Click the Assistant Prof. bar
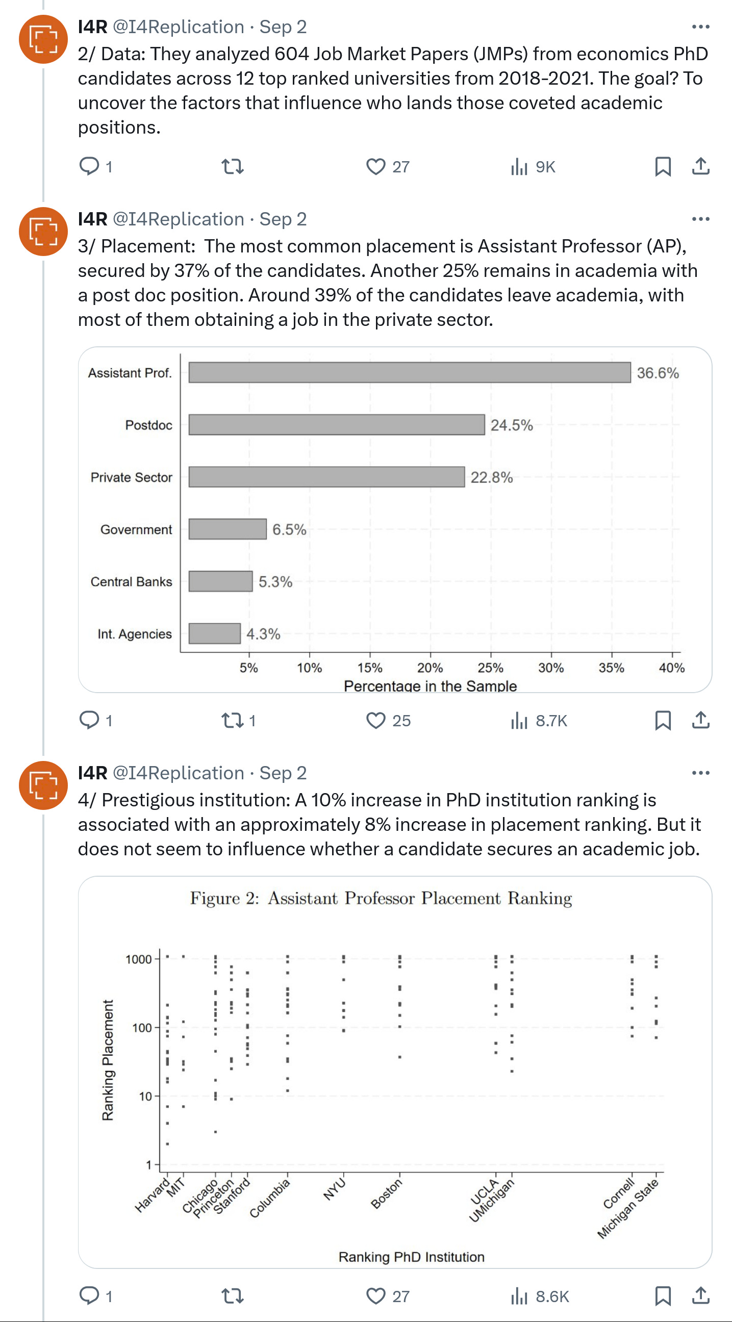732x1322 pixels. pyautogui.click(x=409, y=373)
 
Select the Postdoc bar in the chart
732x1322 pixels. pyautogui.click(x=336, y=425)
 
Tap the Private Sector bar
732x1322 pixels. pyautogui.click(x=326, y=477)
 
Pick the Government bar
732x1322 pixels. pyautogui.click(x=228, y=529)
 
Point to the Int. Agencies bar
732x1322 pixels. pyautogui.click(x=215, y=633)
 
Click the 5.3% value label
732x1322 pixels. pyautogui.click(x=275, y=581)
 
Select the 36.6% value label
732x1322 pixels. pyautogui.click(x=658, y=373)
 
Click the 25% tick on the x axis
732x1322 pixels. pyautogui.click(x=490, y=668)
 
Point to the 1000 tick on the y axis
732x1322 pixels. pyautogui.click(x=139, y=959)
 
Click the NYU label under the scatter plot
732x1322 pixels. pyautogui.click(x=335, y=1189)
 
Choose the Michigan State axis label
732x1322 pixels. pyautogui.click(x=628, y=1209)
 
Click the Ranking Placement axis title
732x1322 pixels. pyautogui.click(x=107, y=1060)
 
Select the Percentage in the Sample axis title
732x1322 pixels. pyautogui.click(x=430, y=685)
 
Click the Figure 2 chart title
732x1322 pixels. pyautogui.click(x=381, y=898)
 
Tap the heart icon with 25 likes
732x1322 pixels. pyautogui.click(x=376, y=721)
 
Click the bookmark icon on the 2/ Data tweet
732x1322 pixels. pyautogui.click(x=663, y=167)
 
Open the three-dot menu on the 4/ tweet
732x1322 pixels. pyautogui.click(x=700, y=773)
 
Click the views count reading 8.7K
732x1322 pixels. pyautogui.click(x=551, y=721)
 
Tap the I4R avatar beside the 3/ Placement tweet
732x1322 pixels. pyautogui.click(x=44, y=232)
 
